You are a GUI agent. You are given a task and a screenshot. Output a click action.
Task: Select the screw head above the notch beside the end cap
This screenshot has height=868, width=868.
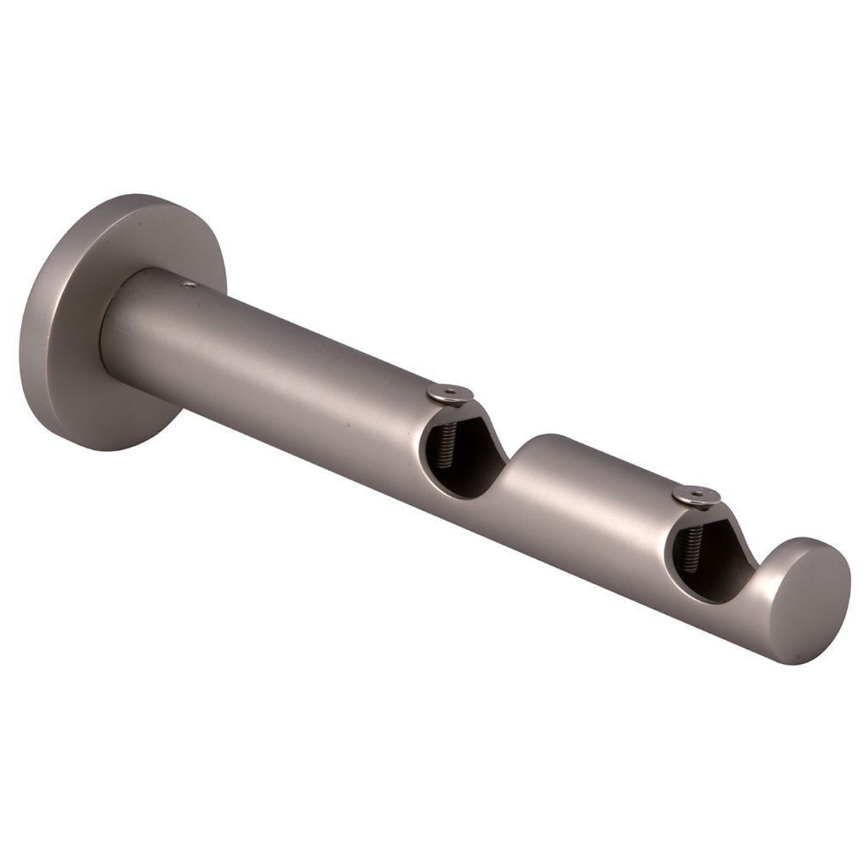[687, 495]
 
